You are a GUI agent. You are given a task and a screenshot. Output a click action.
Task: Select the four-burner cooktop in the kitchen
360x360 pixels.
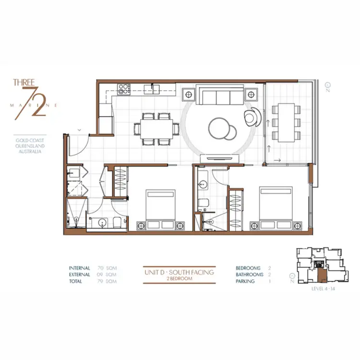pyautogui.click(x=124, y=88)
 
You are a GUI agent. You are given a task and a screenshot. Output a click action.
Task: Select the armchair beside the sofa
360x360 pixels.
pyautogui.click(x=252, y=115)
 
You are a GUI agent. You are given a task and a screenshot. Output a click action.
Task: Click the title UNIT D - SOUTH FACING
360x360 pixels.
pyautogui.click(x=179, y=272)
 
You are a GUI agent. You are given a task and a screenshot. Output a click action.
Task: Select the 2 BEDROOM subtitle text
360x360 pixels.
pyautogui.click(x=179, y=278)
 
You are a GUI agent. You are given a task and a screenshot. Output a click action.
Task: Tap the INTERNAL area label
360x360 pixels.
pyautogui.click(x=80, y=268)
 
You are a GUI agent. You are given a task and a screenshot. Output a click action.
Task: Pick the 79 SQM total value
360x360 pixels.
pyautogui.click(x=106, y=281)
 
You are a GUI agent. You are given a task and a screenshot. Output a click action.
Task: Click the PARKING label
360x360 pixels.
pyautogui.click(x=245, y=281)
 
